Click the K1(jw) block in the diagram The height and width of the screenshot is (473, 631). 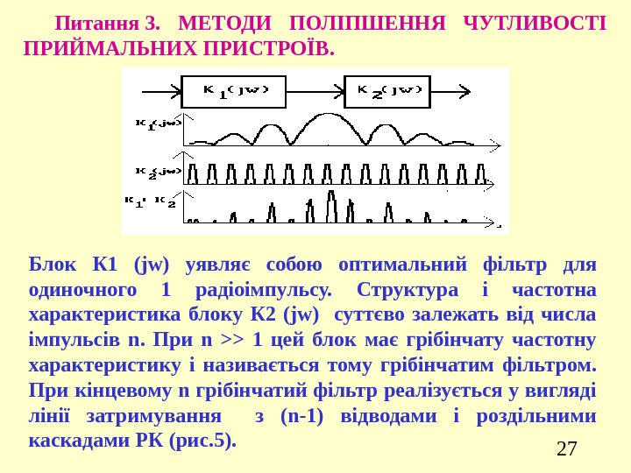(x=236, y=89)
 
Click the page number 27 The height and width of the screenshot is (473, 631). (x=567, y=449)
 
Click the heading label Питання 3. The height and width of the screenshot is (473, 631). (x=107, y=21)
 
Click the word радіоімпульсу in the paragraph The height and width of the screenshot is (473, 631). (x=262, y=289)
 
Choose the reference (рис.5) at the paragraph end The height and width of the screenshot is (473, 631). (x=206, y=440)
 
